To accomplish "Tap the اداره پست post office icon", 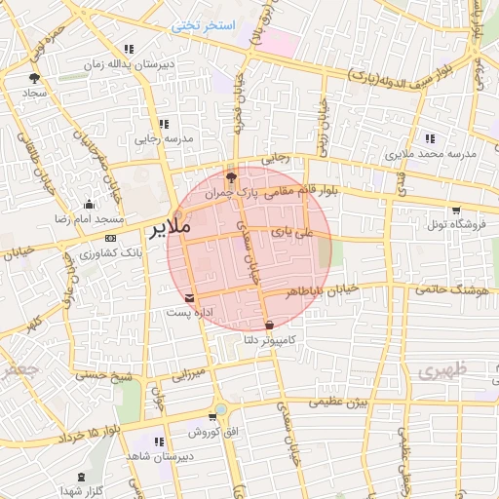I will (189, 298).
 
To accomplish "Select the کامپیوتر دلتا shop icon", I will (269, 325).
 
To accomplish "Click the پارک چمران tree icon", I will (231, 177).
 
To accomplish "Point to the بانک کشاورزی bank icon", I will (110, 238).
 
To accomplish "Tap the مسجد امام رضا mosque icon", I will (91, 204).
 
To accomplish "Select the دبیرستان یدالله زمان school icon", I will (128, 49).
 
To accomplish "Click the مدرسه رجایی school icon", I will (164, 124).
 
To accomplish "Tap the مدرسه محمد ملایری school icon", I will (431, 138).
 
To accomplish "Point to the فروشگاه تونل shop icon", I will (455, 210).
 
